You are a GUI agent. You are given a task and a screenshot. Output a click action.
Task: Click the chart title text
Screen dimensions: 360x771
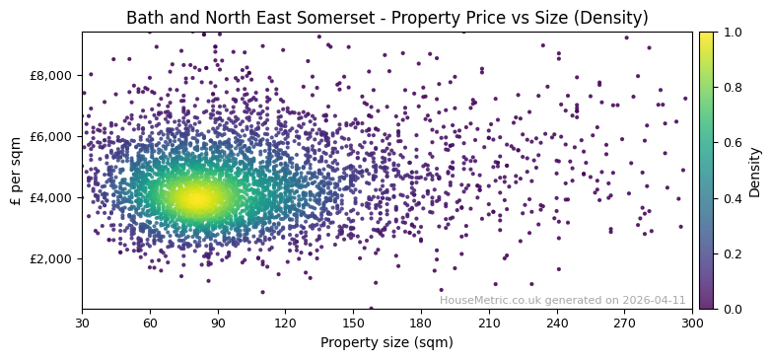coord(386,19)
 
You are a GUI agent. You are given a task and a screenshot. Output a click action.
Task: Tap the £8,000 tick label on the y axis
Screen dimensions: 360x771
coord(52,75)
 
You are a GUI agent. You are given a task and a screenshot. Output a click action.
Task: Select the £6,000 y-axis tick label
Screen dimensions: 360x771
coord(52,136)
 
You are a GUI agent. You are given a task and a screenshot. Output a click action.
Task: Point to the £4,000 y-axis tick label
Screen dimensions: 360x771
coord(52,197)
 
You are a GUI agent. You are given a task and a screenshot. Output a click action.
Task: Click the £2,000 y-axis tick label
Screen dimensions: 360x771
coord(52,258)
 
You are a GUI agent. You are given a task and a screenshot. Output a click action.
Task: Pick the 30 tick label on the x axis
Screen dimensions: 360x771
coord(82,323)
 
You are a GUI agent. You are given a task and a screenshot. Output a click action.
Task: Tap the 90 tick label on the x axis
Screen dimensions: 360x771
coord(217,323)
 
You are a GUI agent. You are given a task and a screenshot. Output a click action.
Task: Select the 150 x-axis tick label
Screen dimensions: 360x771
coord(353,323)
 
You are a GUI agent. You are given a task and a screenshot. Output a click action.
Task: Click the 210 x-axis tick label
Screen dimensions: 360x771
coord(489,323)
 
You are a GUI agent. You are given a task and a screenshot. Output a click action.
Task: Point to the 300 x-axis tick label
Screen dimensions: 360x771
coord(692,323)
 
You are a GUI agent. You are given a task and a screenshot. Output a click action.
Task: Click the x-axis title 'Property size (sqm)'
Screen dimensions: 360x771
coord(386,342)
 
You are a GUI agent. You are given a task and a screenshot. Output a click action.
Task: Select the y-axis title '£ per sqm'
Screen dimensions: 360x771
coord(16,171)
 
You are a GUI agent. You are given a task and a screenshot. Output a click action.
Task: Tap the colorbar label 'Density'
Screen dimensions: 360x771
coord(755,171)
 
